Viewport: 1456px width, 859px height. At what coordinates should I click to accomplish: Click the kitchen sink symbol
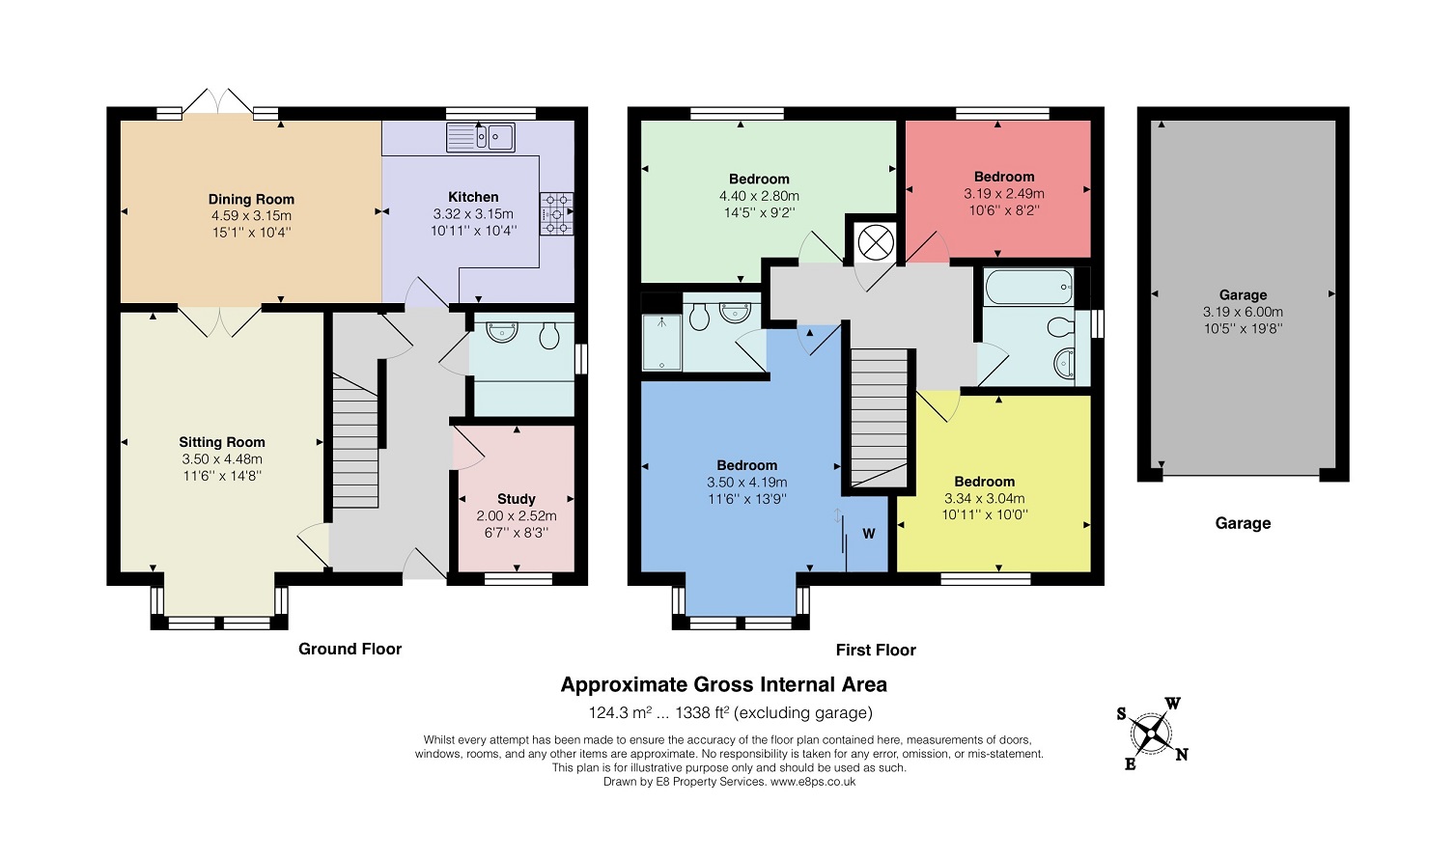[481, 137]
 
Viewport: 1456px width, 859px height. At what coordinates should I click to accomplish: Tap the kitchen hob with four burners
[556, 213]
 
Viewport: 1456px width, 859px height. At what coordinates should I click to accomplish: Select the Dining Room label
[251, 200]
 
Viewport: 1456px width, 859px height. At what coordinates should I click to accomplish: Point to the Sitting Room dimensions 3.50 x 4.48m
[222, 458]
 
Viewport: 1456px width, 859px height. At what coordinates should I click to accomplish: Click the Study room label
[517, 499]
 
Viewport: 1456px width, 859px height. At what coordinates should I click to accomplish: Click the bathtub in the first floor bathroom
[1029, 287]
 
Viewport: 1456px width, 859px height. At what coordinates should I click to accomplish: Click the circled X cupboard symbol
[876, 243]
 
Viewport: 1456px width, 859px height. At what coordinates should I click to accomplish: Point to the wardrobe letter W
[868, 534]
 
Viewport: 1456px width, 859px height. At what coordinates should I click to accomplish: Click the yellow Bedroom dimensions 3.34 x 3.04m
[984, 498]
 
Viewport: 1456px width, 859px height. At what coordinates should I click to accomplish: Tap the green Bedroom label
[759, 179]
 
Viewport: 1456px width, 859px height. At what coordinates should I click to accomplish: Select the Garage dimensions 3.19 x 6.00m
[1243, 312]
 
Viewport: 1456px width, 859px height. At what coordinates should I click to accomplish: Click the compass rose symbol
[1151, 734]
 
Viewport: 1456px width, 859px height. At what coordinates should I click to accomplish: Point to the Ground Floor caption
[350, 649]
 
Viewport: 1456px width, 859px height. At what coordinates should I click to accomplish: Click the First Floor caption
[876, 650]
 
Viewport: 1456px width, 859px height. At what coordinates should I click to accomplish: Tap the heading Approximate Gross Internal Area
[723, 684]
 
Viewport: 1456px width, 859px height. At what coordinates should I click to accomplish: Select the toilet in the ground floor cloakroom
[549, 336]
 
